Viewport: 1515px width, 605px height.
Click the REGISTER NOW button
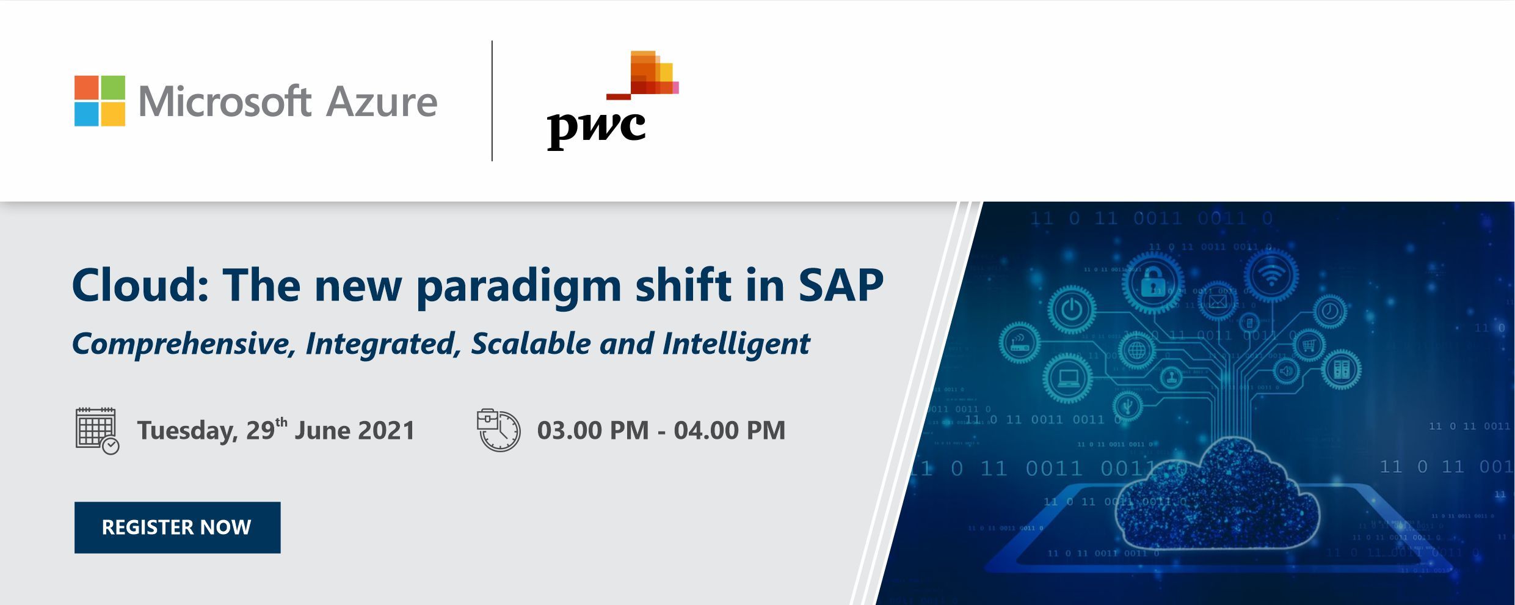[x=177, y=527]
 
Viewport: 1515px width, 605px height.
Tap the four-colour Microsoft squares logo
[x=100, y=101]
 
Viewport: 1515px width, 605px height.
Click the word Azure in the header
[x=382, y=101]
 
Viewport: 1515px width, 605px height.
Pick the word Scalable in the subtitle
[x=531, y=343]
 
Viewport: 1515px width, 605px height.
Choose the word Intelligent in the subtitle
[x=736, y=345]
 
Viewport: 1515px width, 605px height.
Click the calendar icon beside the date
[x=97, y=431]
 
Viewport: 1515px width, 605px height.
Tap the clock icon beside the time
[x=498, y=430]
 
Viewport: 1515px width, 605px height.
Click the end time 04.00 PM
[x=730, y=430]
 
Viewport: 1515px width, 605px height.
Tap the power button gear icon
[x=1071, y=310]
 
